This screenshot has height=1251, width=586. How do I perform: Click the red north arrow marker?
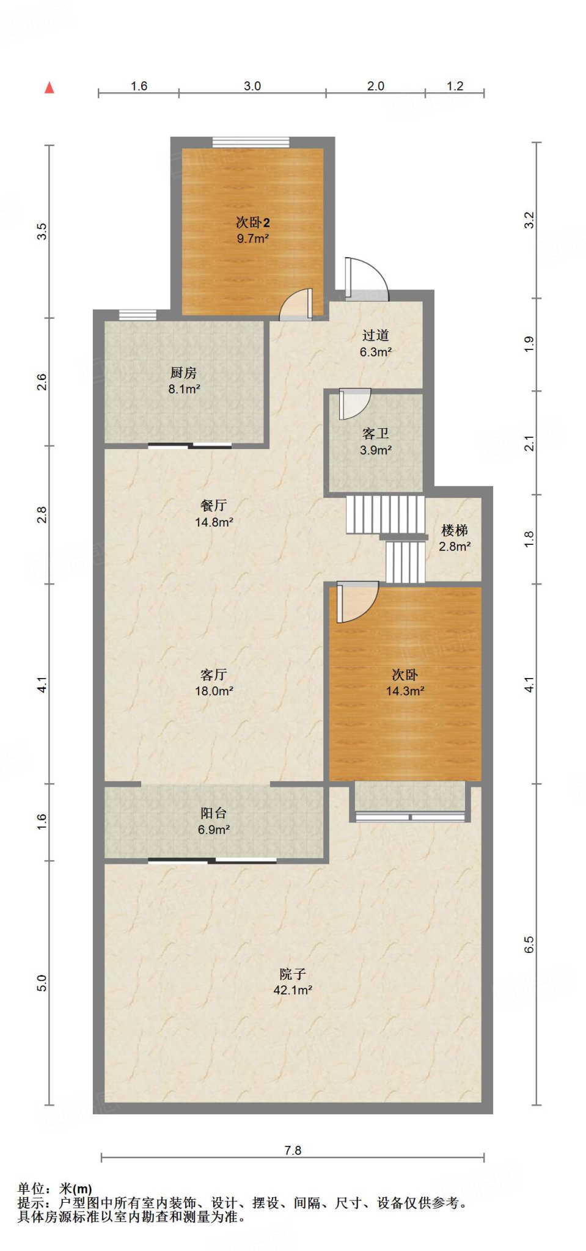point(49,87)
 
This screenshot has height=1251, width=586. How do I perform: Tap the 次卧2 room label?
point(253,222)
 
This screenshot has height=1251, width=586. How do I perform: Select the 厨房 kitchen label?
point(183,373)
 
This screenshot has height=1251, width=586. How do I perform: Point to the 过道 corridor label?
point(375,335)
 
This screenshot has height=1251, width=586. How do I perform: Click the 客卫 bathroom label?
point(375,434)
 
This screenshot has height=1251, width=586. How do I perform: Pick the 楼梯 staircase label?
point(455,530)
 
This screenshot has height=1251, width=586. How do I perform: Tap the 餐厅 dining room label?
point(213,506)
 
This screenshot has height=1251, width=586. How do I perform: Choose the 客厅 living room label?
point(213,675)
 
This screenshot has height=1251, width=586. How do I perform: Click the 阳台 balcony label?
point(213,813)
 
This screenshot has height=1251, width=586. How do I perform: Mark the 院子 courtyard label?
point(293,974)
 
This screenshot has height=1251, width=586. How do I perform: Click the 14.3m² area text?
point(405,691)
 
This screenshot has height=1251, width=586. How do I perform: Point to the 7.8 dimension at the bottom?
point(293,1150)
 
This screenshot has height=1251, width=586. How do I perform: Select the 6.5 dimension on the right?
point(529,944)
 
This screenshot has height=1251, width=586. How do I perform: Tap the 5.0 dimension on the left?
point(41,983)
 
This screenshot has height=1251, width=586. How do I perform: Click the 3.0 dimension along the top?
point(252,86)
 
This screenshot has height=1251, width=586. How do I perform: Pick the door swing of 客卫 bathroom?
point(355,404)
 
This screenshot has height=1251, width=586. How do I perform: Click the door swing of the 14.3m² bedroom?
point(357,602)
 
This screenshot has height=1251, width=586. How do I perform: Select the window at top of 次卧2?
point(251,142)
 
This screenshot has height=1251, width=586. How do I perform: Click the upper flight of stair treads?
point(386,514)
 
